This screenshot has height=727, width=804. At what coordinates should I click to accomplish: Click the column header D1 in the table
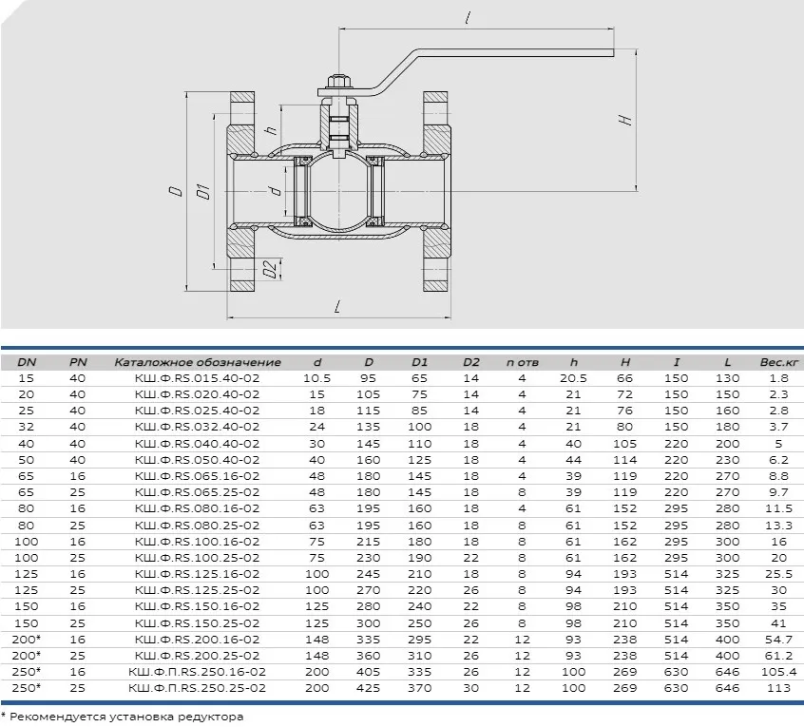pyautogui.click(x=419, y=362)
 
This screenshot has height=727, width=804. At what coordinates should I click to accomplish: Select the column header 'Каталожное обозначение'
pyautogui.click(x=198, y=362)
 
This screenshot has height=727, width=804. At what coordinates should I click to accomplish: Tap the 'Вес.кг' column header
pyautogui.click(x=779, y=362)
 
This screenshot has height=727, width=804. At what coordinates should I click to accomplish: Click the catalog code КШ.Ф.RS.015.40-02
pyautogui.click(x=198, y=378)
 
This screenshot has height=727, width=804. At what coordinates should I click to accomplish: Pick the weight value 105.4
pyautogui.click(x=779, y=672)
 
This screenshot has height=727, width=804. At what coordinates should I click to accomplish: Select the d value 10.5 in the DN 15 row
pyautogui.click(x=316, y=378)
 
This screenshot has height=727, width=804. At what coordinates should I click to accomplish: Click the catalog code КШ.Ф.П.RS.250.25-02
pyautogui.click(x=198, y=688)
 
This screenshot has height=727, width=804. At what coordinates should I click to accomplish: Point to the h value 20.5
pyautogui.click(x=573, y=378)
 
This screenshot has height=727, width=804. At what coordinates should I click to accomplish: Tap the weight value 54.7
pyautogui.click(x=779, y=640)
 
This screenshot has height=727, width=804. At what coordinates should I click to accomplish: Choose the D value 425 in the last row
pyautogui.click(x=368, y=688)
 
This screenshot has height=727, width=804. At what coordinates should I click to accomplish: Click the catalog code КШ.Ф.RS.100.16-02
pyautogui.click(x=198, y=542)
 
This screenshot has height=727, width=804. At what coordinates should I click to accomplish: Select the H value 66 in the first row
pyautogui.click(x=624, y=378)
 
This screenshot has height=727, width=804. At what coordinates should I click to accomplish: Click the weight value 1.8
pyautogui.click(x=779, y=378)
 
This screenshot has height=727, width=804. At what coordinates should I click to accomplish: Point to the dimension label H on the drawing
pyautogui.click(x=625, y=121)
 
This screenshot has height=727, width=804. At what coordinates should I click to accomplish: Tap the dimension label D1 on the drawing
pyautogui.click(x=203, y=191)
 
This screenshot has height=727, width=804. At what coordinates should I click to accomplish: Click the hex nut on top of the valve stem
pyautogui.click(x=339, y=82)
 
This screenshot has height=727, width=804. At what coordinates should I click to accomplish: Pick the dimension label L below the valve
pyautogui.click(x=336, y=307)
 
